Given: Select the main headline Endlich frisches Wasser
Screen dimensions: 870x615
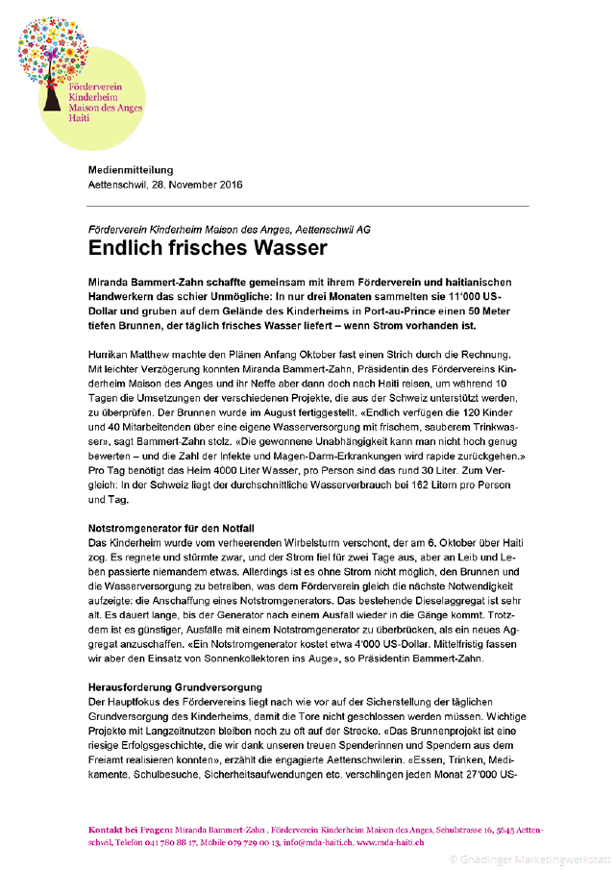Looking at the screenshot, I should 208,248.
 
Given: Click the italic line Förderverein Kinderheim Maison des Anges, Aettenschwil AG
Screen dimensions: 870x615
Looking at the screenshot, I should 229,230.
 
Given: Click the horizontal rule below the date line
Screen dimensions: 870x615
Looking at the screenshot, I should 308,206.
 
